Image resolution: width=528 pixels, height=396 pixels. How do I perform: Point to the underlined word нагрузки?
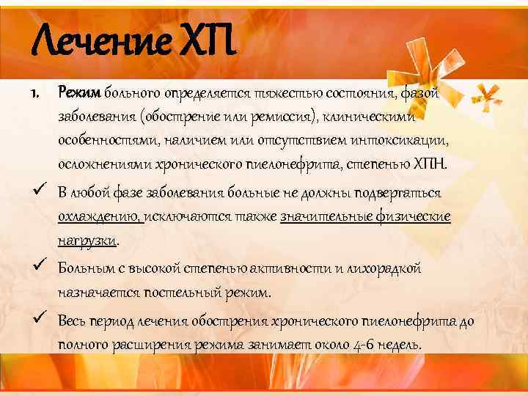point(88,241)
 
